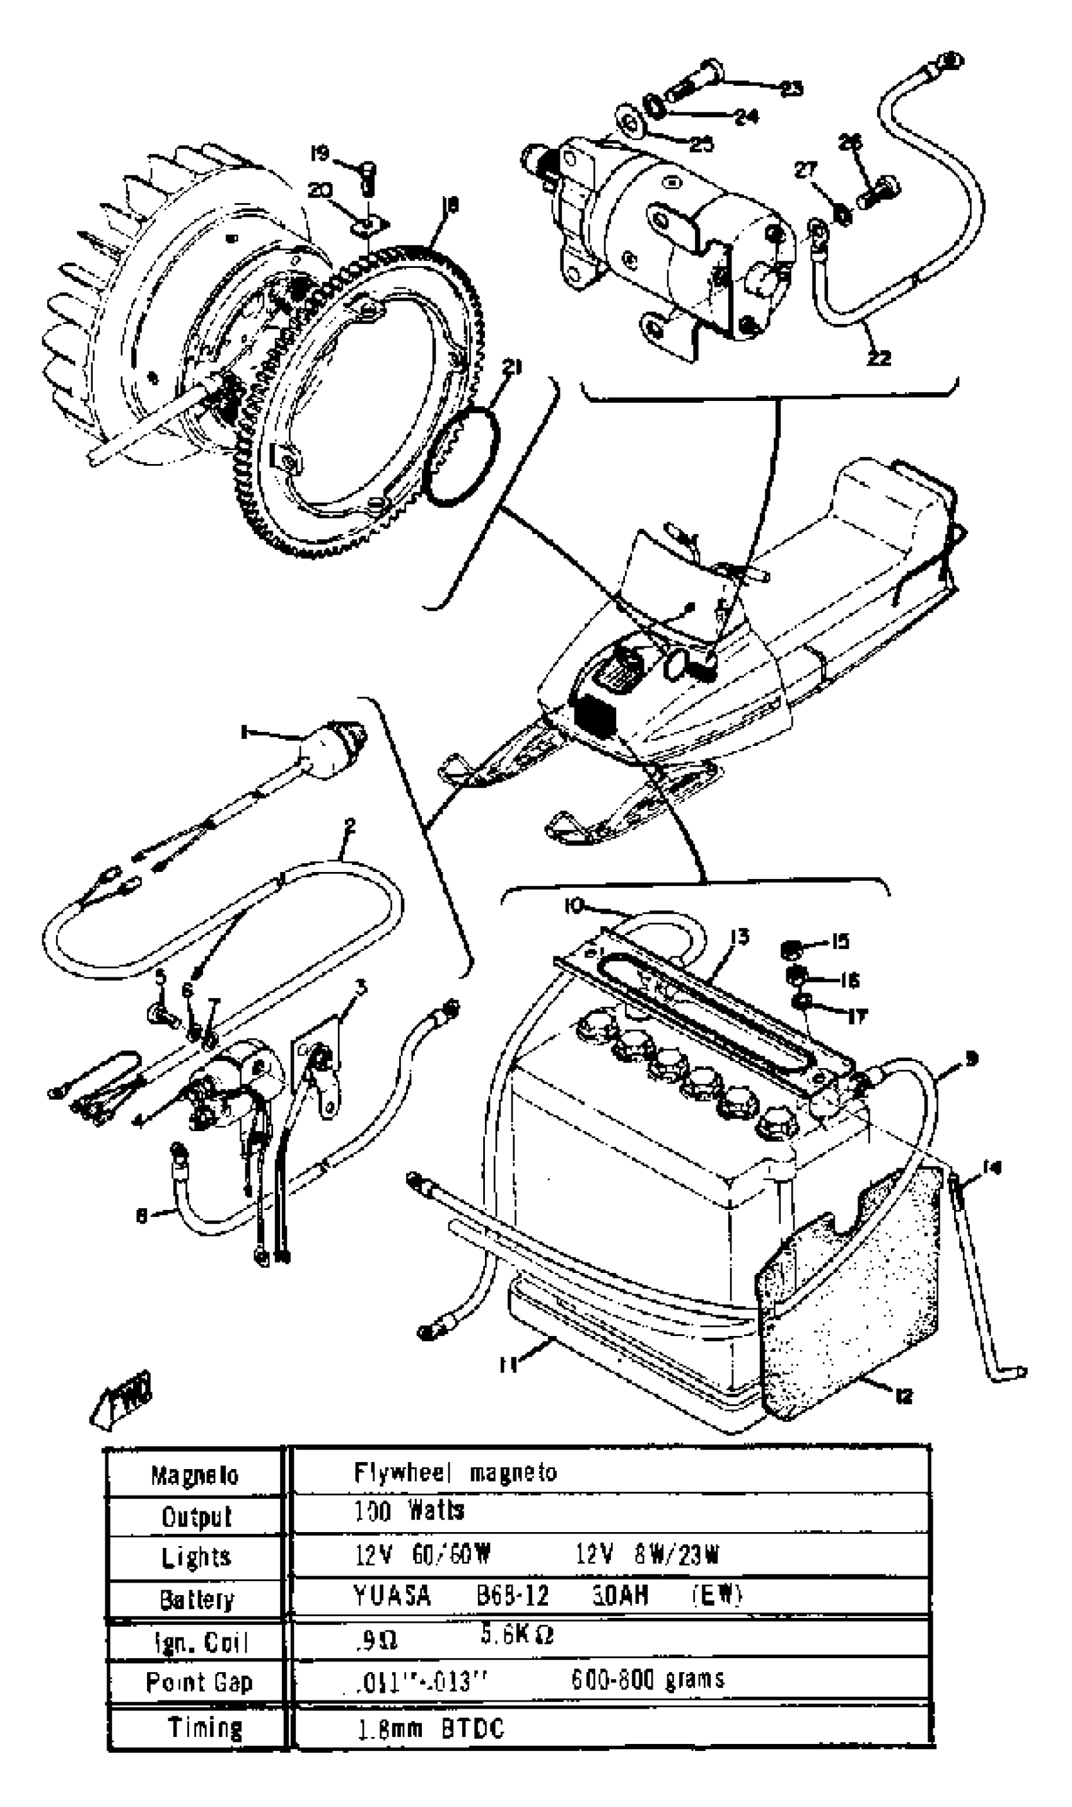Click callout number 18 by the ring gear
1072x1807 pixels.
tap(450, 206)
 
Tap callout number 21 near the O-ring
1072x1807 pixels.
tap(512, 368)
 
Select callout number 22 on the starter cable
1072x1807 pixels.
tap(879, 357)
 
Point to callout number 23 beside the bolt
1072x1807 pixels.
tap(793, 89)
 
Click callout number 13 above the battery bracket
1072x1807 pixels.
tap(740, 937)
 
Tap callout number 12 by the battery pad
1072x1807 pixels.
tap(903, 1396)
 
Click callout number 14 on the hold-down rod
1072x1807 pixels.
tap(993, 1168)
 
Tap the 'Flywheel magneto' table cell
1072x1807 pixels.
tap(455, 1473)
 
